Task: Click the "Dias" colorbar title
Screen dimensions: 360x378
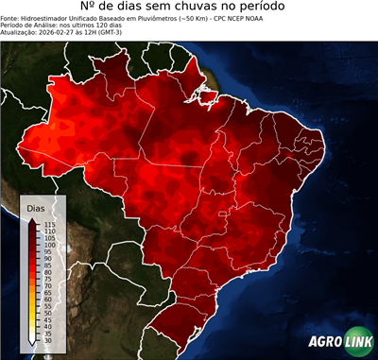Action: pos(35,207)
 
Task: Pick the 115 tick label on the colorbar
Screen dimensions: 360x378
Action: pos(49,224)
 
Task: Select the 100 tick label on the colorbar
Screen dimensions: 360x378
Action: pos(49,245)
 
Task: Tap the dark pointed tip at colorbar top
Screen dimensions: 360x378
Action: pos(33,219)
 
